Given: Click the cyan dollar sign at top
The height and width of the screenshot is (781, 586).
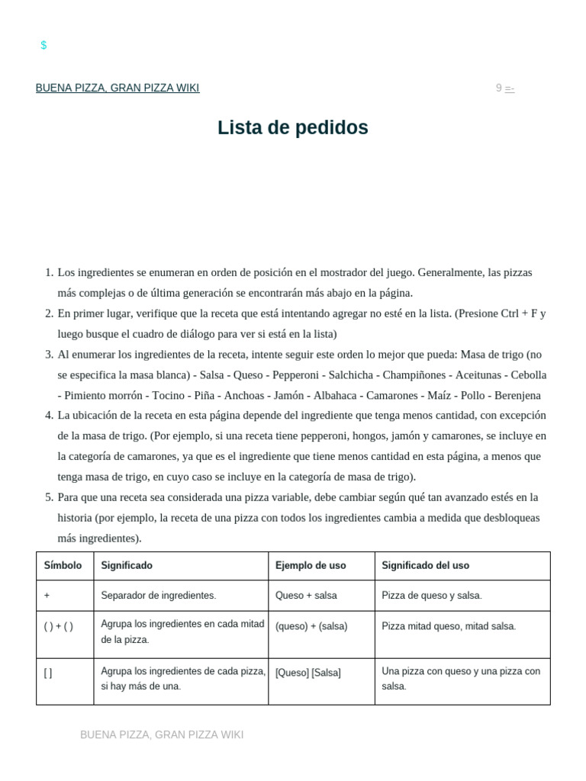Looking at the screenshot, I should tap(43, 45).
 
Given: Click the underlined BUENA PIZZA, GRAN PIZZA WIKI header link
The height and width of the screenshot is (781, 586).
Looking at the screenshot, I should tap(118, 88).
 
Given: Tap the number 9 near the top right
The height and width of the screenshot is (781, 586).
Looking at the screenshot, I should tap(499, 88).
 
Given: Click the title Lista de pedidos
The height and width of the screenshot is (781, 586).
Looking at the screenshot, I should tap(292, 127).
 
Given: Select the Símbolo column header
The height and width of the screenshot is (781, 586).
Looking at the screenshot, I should tap(63, 565).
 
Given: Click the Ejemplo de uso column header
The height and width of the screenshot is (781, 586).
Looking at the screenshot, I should tap(311, 565).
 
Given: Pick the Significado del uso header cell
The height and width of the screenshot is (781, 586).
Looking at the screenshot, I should tap(425, 565).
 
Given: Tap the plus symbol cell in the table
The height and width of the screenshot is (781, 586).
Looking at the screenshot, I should tap(47, 595).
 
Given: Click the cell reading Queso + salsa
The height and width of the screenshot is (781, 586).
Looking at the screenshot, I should tap(306, 595).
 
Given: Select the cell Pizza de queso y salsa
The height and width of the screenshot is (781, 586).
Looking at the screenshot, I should tap(432, 595).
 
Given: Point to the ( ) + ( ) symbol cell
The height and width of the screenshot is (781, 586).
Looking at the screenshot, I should tap(59, 626).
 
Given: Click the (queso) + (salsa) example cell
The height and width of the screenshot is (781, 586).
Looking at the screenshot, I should tap(311, 626).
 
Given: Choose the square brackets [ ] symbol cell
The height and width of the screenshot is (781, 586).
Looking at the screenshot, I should tap(48, 673).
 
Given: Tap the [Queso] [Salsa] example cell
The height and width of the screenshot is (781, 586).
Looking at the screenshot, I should tap(308, 673).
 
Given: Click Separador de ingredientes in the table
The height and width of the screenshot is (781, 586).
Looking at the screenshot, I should tap(159, 595).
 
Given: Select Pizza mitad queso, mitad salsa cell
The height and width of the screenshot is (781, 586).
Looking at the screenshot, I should tap(449, 626).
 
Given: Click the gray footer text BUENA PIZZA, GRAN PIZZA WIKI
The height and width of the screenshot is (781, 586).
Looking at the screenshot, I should tap(162, 734).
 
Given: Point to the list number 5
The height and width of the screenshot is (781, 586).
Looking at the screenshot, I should tap(49, 497).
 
